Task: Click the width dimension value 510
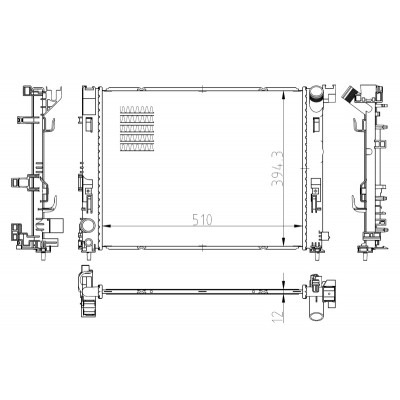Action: pyautogui.click(x=202, y=220)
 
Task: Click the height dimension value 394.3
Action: pyautogui.click(x=277, y=168)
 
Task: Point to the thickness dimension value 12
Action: pyautogui.click(x=277, y=316)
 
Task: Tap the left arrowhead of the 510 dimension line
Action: pyautogui.click(x=107, y=226)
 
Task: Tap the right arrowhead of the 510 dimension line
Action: pyautogui.click(x=297, y=226)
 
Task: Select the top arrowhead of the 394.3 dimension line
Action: pyautogui.click(x=283, y=95)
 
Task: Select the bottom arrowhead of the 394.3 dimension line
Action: pyautogui.click(x=283, y=241)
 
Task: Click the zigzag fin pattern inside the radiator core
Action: pyautogui.click(x=137, y=128)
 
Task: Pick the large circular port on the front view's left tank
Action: pyautogui.click(x=87, y=226)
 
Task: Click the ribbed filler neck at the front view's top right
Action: pyautogui.click(x=316, y=94)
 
